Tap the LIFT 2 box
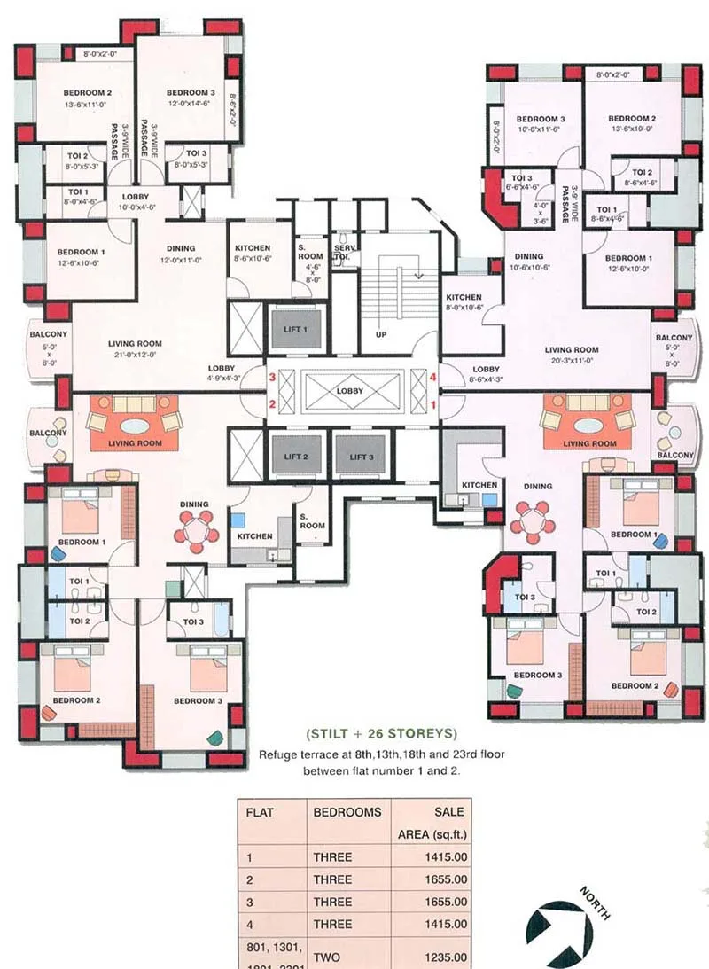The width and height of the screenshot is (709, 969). [x=297, y=457]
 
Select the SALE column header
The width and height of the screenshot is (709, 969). [x=450, y=811]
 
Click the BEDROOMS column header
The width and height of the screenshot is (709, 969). [x=347, y=811]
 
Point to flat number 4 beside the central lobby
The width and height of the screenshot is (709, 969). [x=433, y=378]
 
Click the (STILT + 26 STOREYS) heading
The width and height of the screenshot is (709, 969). [x=380, y=733]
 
